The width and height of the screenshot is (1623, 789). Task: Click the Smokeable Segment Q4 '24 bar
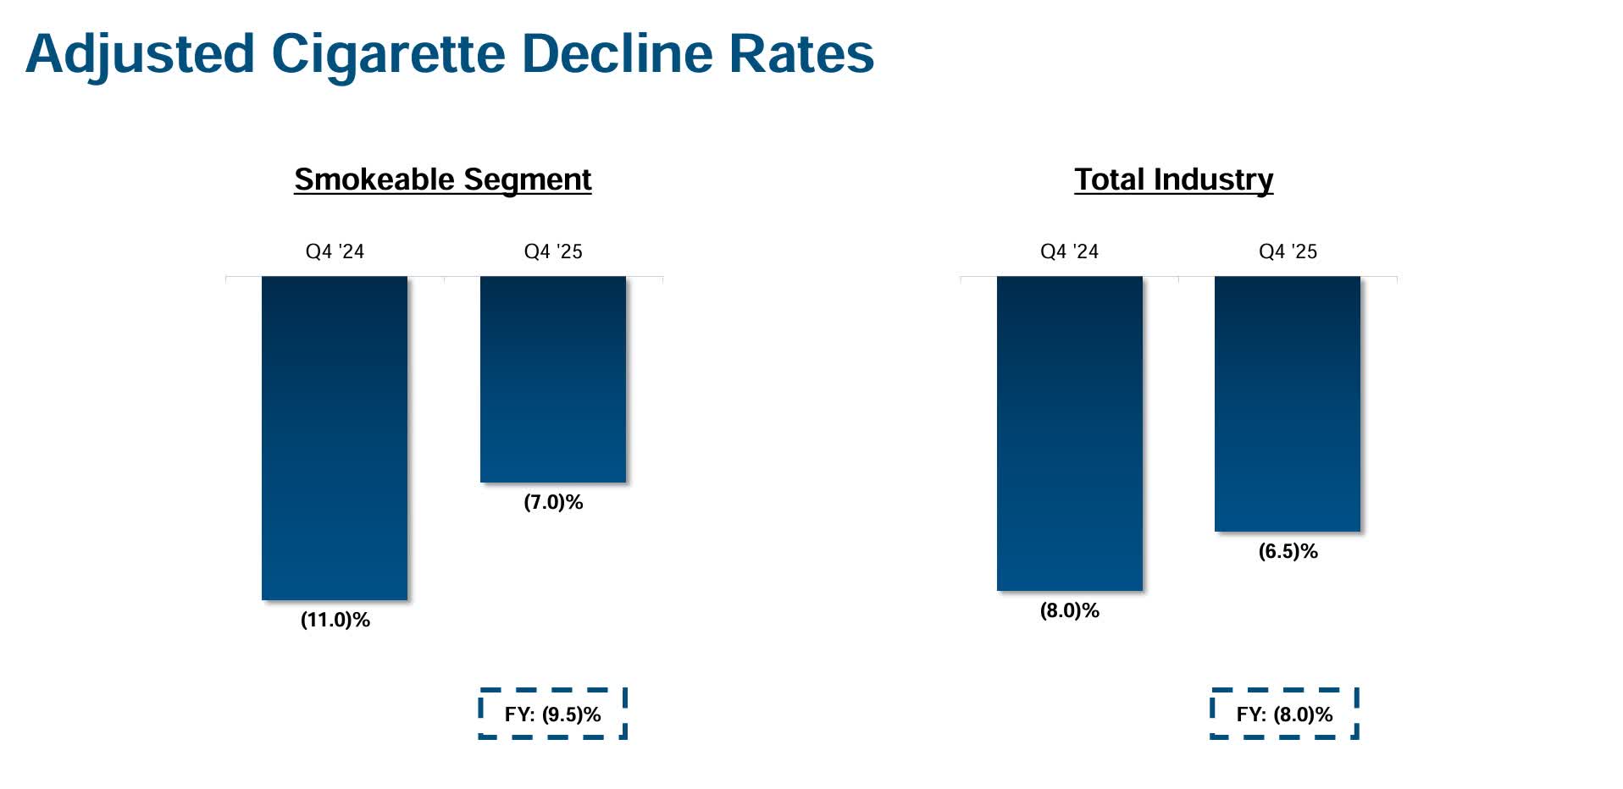(335, 438)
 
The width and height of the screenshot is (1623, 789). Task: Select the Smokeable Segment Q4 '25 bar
(553, 379)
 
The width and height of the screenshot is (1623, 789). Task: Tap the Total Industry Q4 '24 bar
(1069, 433)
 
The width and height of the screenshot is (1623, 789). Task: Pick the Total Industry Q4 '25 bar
(1288, 404)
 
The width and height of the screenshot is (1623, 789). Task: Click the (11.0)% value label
(335, 620)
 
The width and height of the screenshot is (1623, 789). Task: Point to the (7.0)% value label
(553, 502)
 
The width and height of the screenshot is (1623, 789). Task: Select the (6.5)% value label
(1288, 551)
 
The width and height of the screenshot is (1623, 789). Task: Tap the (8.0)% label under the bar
(1069, 610)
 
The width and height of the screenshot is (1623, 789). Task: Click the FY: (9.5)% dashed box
(552, 714)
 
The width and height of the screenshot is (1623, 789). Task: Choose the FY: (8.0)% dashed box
(1284, 714)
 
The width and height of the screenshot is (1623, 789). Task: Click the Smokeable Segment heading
(442, 179)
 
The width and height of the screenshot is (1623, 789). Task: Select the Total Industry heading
(1173, 179)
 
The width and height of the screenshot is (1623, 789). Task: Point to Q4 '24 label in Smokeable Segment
(335, 251)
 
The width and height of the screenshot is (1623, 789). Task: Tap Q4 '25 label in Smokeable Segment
(553, 251)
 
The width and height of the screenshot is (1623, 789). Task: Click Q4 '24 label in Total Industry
(1069, 251)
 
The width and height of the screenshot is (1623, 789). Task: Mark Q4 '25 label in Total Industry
(1288, 251)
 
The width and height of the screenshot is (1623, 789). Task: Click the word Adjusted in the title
(140, 55)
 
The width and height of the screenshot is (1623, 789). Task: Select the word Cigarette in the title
(388, 55)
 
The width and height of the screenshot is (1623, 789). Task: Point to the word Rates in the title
(800, 53)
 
